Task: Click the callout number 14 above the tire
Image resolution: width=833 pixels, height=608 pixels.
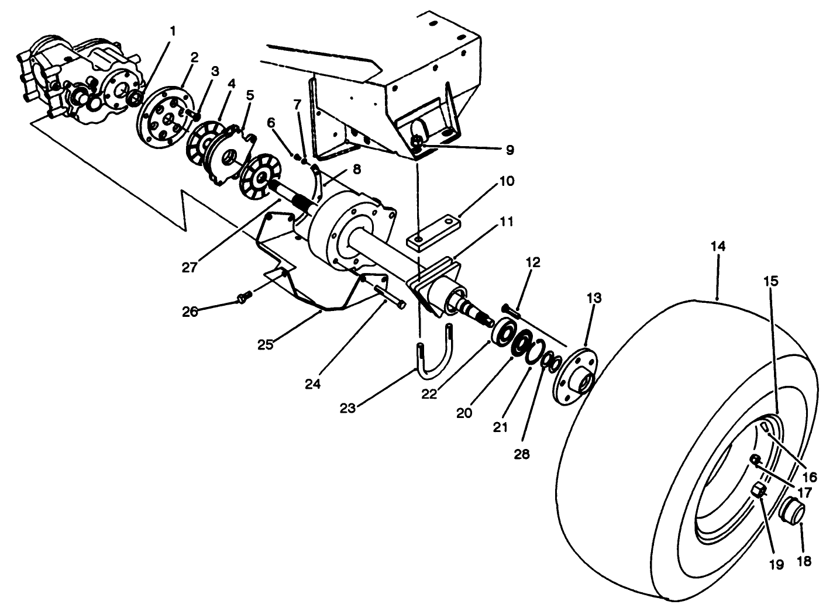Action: coord(718,247)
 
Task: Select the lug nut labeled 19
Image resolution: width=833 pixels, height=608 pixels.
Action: coord(759,490)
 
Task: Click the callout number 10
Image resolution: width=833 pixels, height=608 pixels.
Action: coord(507,181)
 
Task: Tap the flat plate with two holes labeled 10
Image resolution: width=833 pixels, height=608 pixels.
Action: coord(433,234)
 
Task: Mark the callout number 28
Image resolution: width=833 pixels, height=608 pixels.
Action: coord(521,453)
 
